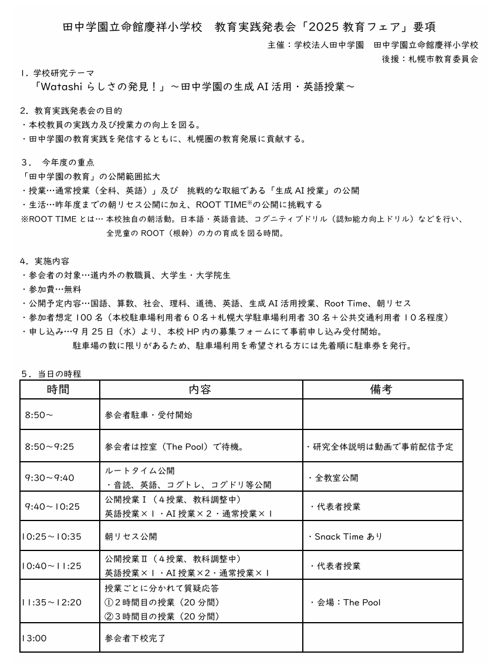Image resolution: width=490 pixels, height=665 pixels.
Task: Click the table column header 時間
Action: pos(59,389)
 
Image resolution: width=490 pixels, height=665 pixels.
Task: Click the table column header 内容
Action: pos(200,389)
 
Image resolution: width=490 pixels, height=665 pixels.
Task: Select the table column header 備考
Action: pos(382,389)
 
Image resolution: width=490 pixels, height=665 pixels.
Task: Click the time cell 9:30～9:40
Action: pos(50,478)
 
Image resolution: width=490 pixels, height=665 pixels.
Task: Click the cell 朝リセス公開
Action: pos(131,536)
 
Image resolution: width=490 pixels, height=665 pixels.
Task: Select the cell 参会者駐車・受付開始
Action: pos(148,415)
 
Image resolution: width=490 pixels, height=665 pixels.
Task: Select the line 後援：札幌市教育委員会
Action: pos(430,59)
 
